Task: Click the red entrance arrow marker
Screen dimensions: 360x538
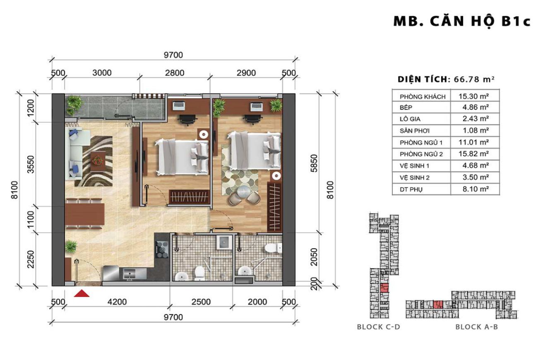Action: tap(82, 293)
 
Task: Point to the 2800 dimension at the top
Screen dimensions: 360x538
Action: tap(174, 73)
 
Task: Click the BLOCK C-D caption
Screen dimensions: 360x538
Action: tap(378, 327)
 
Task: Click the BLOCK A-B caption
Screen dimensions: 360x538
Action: tap(476, 327)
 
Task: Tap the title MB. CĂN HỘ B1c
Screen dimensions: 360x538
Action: tap(461, 22)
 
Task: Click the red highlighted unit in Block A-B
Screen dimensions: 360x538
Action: tap(437, 305)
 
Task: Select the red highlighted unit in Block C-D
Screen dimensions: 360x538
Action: tap(384, 288)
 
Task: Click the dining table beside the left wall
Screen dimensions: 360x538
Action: tap(85, 214)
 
